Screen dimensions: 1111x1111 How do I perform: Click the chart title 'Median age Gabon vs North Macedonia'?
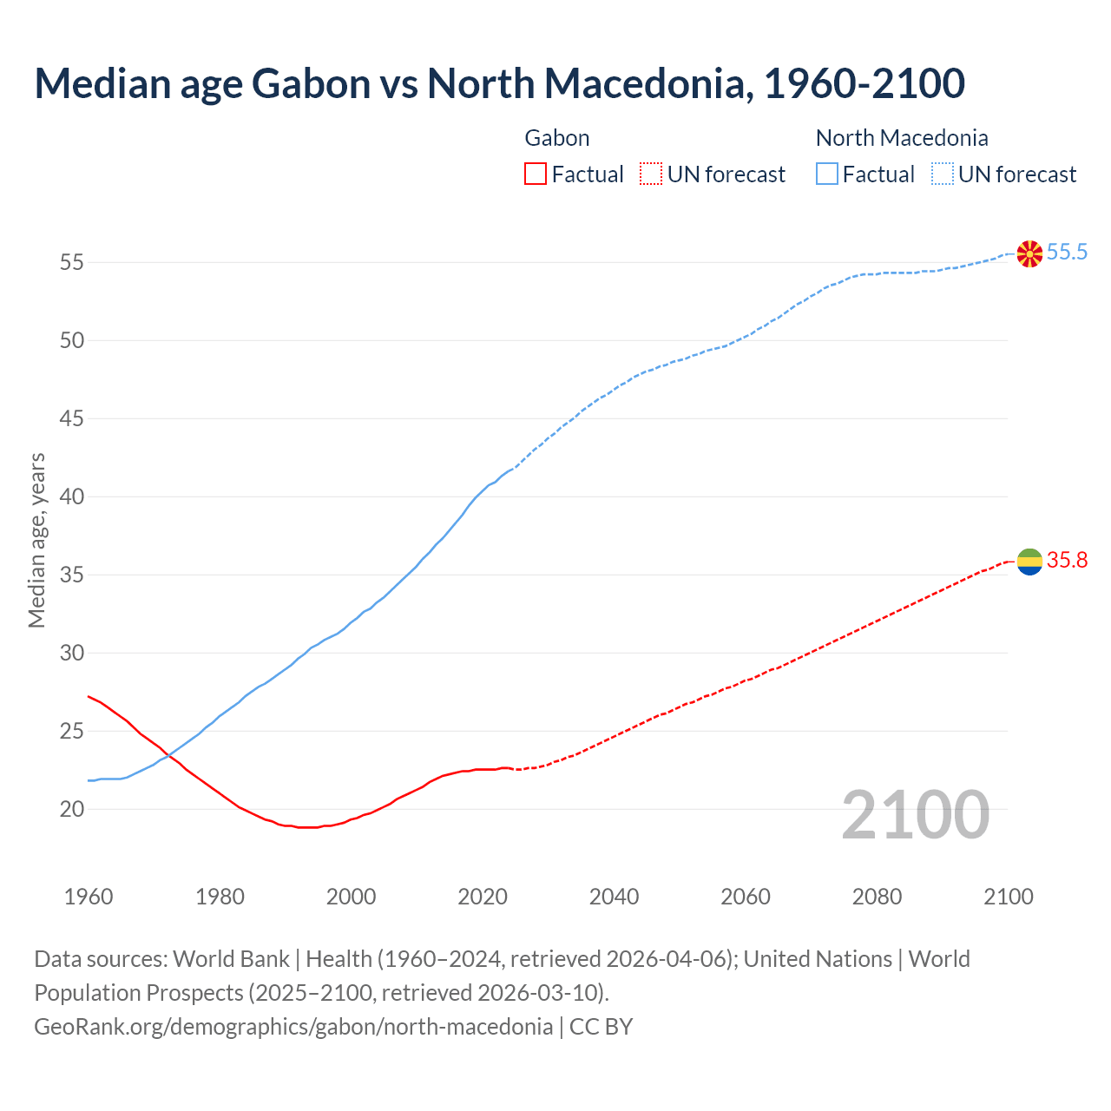[499, 83]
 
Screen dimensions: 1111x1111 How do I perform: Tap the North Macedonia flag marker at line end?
[1029, 253]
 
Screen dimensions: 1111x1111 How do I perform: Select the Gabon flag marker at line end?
[1029, 562]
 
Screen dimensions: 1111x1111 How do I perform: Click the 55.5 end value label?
[1067, 253]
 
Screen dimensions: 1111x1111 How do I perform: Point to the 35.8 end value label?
[1067, 561]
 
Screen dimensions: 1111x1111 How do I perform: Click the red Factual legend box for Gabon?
[536, 174]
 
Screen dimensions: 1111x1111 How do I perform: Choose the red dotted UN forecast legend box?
[651, 174]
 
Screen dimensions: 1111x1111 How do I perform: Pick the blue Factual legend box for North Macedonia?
[827, 174]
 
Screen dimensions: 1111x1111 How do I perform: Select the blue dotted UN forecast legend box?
[943, 174]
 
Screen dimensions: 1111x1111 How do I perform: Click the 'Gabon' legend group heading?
[557, 138]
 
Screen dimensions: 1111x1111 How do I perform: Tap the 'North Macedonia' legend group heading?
[902, 138]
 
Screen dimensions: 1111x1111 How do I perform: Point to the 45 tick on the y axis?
[72, 419]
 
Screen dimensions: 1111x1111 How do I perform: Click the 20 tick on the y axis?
[72, 810]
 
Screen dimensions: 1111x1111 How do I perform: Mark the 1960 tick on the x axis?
[89, 897]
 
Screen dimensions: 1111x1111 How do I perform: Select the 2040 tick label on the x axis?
[614, 897]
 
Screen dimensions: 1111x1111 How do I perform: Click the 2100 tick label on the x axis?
[1009, 897]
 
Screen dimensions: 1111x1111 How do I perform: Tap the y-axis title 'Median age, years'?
[36, 540]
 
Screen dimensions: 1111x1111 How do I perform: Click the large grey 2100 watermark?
[916, 814]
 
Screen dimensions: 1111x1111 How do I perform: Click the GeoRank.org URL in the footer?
[293, 1027]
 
